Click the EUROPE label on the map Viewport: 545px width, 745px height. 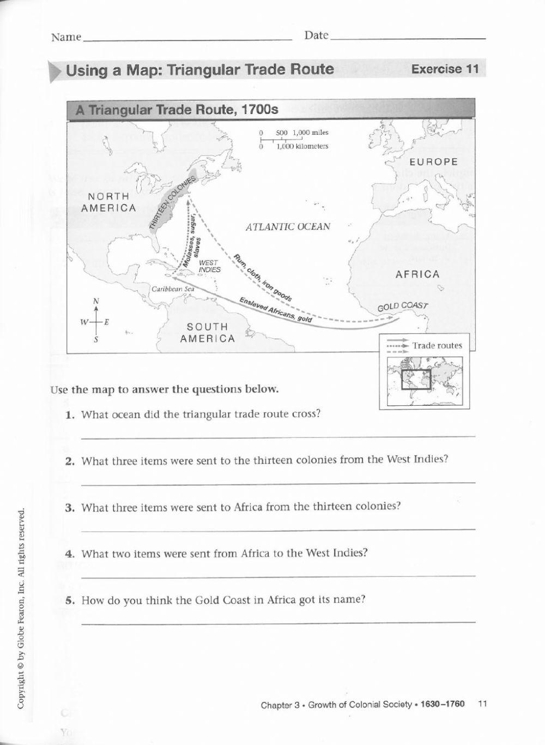[x=433, y=162]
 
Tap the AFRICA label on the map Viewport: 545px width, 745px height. [x=417, y=274]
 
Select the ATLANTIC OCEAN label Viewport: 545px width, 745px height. [x=288, y=226]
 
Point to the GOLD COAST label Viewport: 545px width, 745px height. [x=403, y=307]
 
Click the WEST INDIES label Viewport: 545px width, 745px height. [x=210, y=266]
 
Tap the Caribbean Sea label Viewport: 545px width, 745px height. [x=173, y=289]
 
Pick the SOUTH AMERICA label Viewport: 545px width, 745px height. [x=208, y=333]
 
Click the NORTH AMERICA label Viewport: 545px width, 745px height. [x=108, y=202]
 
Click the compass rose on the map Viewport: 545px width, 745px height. [x=96, y=321]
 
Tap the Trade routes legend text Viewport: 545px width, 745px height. [x=437, y=345]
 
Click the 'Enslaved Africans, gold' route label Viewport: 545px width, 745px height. [x=276, y=310]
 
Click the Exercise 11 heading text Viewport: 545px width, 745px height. [x=445, y=69]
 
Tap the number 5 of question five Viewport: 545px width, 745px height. [x=69, y=600]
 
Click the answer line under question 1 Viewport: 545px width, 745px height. [x=278, y=437]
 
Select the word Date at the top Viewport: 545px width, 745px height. [x=317, y=35]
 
